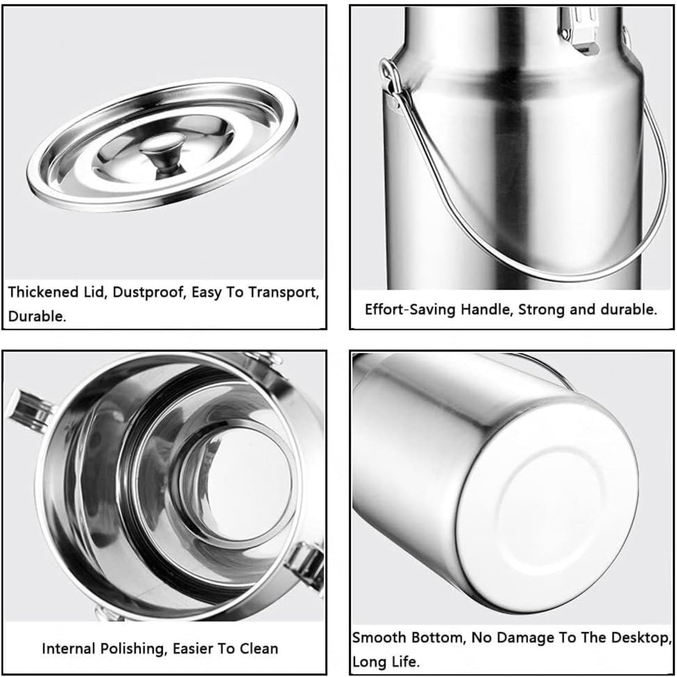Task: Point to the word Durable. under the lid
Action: pyautogui.click(x=37, y=316)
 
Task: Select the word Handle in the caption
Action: pyautogui.click(x=487, y=310)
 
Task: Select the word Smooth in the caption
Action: pyautogui.click(x=379, y=637)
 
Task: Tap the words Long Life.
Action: pyautogui.click(x=386, y=661)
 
